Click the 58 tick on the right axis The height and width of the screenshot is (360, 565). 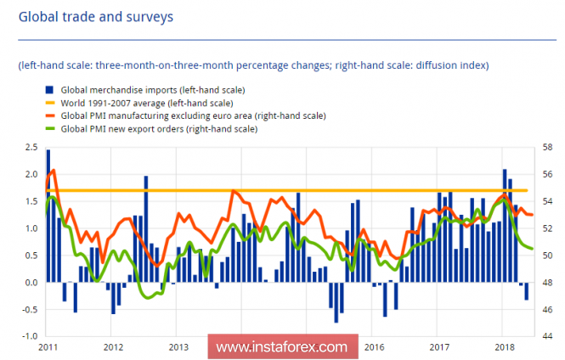pos(549,149)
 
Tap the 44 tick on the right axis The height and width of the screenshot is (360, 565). pos(549,336)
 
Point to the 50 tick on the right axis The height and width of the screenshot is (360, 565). pos(549,256)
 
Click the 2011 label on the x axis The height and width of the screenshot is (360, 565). pos(48,346)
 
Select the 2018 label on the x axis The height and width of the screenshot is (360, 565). pos(505,346)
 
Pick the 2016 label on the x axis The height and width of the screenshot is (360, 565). pos(374,346)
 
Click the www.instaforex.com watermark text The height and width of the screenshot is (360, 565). pos(281,347)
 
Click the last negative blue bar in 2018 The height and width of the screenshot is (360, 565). pos(527,290)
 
